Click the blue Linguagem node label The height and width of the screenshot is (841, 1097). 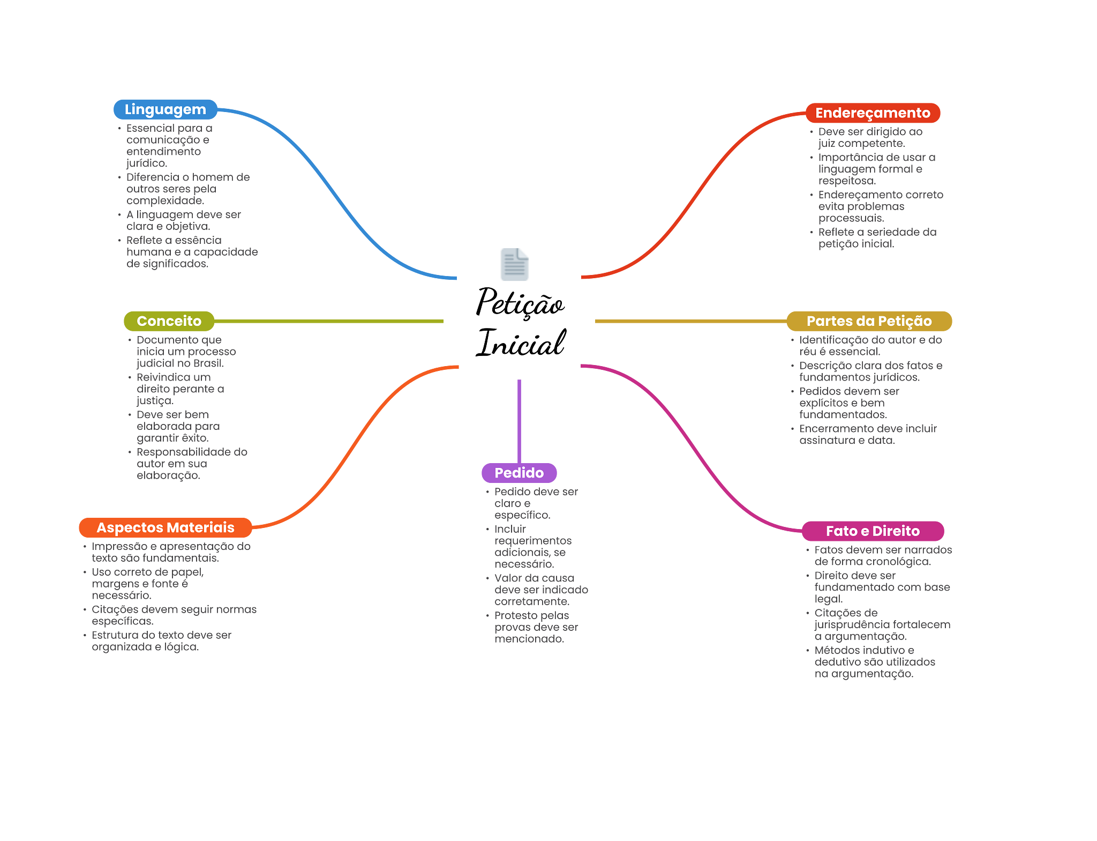point(165,109)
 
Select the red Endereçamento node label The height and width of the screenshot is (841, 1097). point(873,113)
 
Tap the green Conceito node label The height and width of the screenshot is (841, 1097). point(169,321)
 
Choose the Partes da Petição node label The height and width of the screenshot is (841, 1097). point(869,321)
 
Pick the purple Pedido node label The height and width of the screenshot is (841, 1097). point(519,473)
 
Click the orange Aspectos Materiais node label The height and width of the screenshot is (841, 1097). point(165,527)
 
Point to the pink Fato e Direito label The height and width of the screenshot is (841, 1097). point(873,531)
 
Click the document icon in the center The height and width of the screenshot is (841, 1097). point(514,264)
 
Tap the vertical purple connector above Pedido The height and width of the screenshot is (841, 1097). point(519,421)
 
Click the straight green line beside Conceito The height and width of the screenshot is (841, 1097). point(329,321)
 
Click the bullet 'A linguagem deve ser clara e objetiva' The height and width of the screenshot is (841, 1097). point(183,220)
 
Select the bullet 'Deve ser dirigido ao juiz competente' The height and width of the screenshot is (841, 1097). point(869,137)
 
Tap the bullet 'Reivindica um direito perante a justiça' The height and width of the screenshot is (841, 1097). point(179,389)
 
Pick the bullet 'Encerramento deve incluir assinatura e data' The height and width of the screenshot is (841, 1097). point(868,434)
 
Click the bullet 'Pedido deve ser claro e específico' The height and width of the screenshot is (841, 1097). point(536,503)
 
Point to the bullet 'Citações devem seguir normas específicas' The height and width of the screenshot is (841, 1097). point(174,615)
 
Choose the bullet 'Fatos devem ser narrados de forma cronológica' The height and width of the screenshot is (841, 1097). point(883,555)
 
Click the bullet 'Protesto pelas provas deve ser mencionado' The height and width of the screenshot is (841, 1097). point(536,627)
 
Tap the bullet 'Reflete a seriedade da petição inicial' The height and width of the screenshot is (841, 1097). point(877,237)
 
